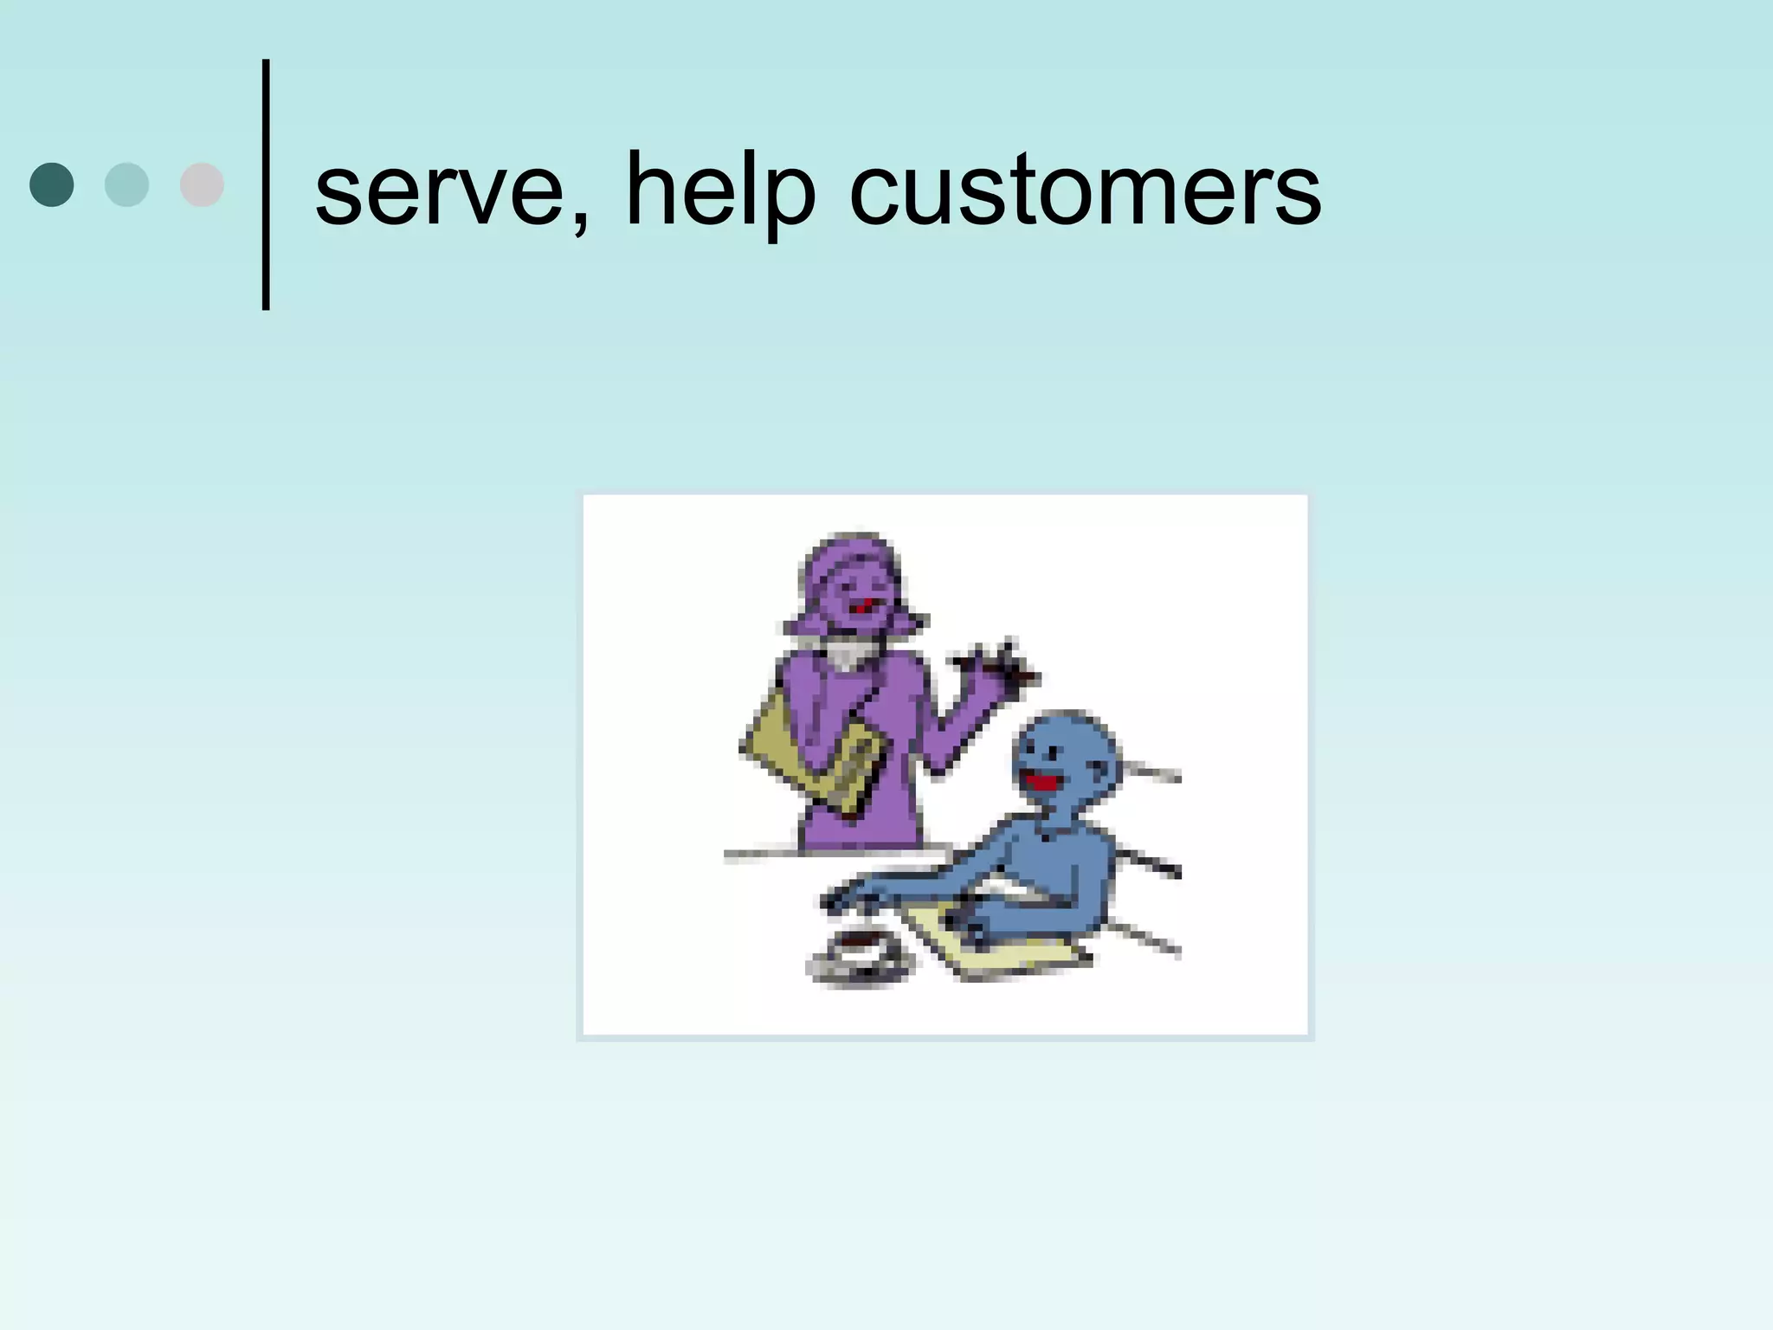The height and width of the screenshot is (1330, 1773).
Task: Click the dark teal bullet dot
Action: (52, 184)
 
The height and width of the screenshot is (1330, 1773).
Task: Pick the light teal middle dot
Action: (126, 184)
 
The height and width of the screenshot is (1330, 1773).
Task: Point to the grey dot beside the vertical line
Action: (202, 184)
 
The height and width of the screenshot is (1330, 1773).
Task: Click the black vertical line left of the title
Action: (266, 184)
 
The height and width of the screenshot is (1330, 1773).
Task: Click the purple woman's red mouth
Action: (861, 607)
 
